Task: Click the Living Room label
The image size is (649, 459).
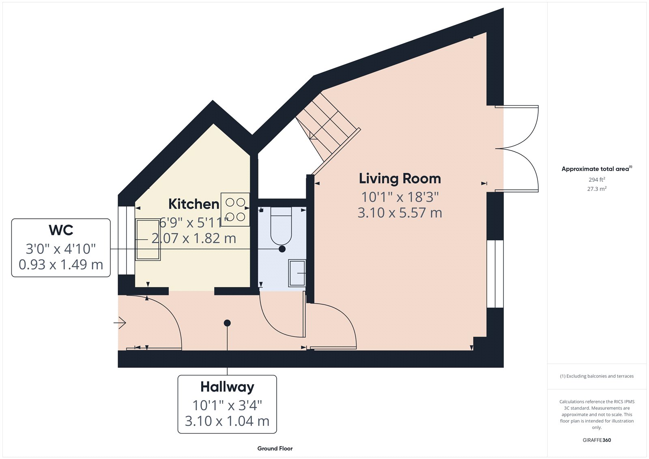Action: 400,179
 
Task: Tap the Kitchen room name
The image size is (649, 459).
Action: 193,204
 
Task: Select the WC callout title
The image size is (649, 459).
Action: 61,230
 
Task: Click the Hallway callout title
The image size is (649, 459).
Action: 227,387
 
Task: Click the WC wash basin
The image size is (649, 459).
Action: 297,273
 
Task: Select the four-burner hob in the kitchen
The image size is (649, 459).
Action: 235,209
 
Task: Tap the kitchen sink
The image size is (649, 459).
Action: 148,239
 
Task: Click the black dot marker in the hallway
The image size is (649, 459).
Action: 227,323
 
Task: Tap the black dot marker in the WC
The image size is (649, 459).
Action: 282,249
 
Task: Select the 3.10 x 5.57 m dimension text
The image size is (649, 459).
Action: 400,213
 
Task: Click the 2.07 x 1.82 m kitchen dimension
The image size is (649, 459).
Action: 194,238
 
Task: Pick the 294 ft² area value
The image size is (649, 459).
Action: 597,179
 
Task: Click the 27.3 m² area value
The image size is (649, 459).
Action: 597,189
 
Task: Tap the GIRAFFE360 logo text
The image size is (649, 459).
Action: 597,440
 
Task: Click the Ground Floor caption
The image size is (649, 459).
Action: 275,448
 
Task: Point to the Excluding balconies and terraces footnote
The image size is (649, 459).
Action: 597,376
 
